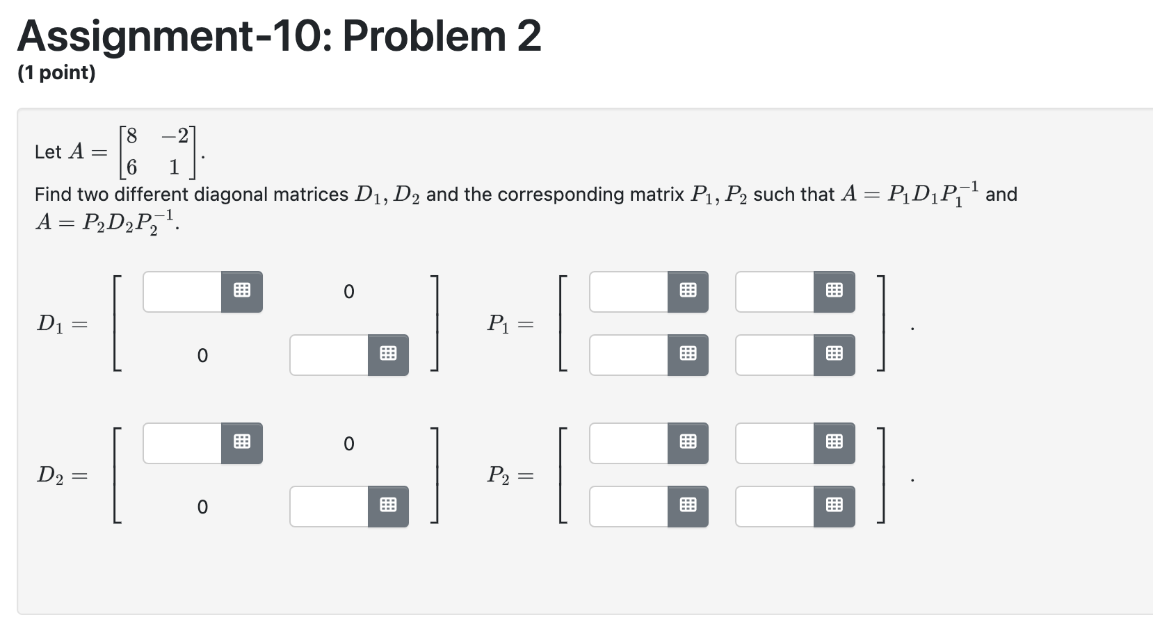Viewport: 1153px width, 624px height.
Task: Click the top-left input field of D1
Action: point(182,292)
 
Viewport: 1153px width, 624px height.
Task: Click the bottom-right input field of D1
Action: point(329,355)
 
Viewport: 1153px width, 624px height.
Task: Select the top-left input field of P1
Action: point(629,292)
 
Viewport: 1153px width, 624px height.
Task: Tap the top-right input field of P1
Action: point(775,292)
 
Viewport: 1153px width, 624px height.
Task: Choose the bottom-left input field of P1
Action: point(629,355)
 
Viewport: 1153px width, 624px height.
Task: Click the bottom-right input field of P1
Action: point(775,355)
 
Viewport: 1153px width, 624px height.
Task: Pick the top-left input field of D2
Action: point(182,443)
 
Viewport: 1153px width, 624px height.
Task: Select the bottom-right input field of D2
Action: point(329,507)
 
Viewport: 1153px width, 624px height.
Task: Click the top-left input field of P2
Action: point(629,443)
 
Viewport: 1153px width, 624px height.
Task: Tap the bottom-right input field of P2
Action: point(775,507)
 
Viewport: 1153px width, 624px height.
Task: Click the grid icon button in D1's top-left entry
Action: point(242,292)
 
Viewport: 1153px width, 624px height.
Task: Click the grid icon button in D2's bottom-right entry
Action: point(388,507)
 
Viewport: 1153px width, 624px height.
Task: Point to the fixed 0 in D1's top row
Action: point(348,292)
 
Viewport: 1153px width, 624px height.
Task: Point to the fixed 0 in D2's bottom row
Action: point(202,507)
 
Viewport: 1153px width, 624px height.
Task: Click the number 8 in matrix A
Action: point(131,135)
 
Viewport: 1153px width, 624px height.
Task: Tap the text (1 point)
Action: point(56,73)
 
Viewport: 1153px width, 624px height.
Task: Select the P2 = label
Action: point(510,476)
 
